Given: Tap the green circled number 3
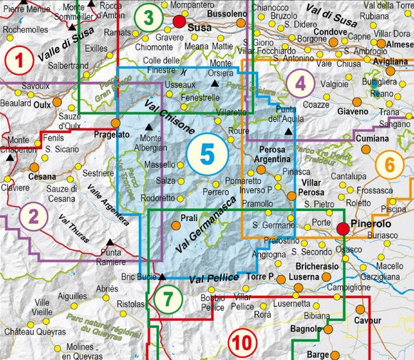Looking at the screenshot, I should coord(148,16).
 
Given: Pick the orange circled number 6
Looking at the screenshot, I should coord(389,165).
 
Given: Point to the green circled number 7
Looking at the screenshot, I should coord(167,299).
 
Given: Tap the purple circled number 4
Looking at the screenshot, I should coord(301,84).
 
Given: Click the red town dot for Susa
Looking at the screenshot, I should coord(180,22).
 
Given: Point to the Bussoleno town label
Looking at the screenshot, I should coord(227,14).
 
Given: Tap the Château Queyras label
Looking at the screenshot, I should coord(29,331).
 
